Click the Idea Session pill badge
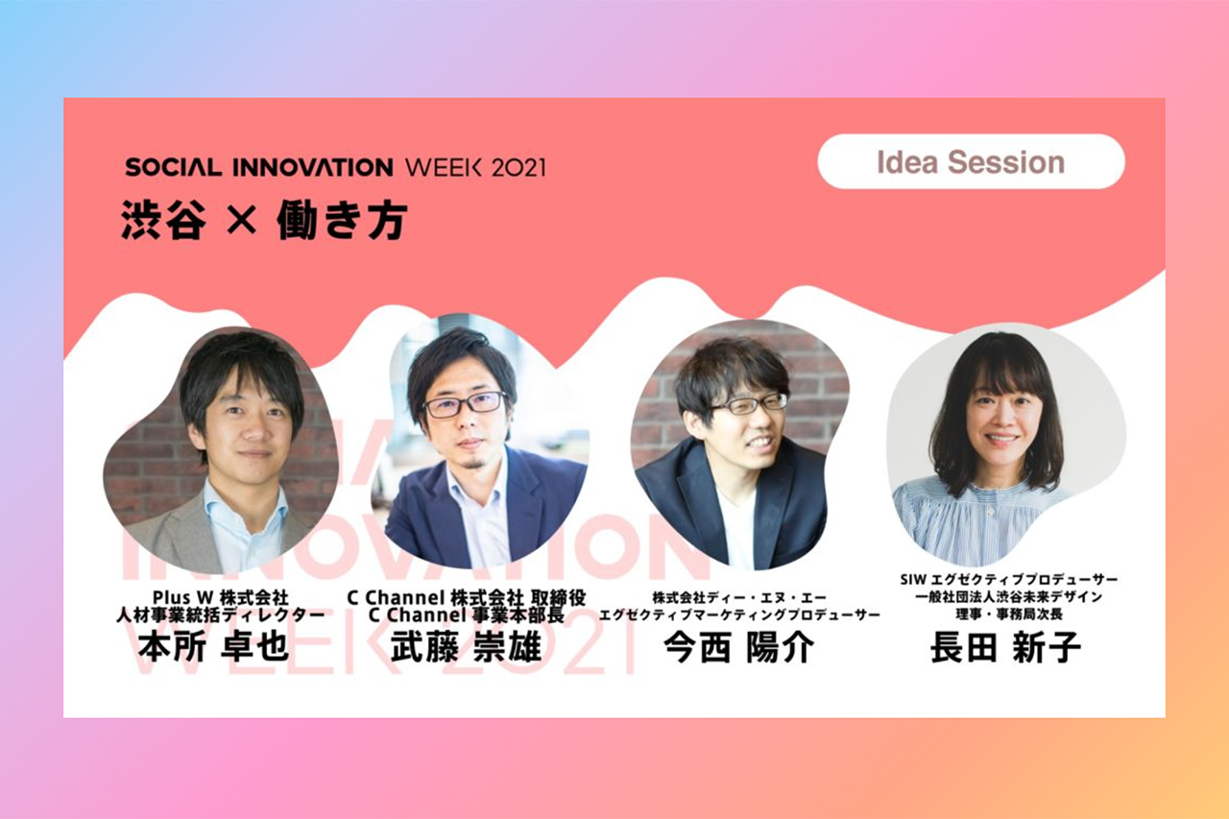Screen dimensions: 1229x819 click(971, 162)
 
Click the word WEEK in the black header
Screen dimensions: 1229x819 click(444, 167)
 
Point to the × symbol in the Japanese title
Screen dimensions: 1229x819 click(241, 219)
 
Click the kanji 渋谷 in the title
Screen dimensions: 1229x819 click(163, 220)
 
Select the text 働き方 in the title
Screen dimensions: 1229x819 click(343, 220)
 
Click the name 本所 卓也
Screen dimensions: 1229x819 click(213, 647)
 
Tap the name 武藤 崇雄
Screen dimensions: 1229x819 click(467, 647)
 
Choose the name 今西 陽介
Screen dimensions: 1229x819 click(738, 647)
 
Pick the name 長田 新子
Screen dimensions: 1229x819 click(1005, 647)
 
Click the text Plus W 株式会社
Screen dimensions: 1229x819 click(221, 597)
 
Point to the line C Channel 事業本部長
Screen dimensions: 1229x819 click(467, 614)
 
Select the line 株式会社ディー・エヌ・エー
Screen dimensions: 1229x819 click(739, 597)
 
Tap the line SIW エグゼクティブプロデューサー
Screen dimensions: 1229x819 click(1009, 579)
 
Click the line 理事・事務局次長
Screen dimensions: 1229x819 click(1009, 614)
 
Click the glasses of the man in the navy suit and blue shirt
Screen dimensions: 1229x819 click(466, 404)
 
